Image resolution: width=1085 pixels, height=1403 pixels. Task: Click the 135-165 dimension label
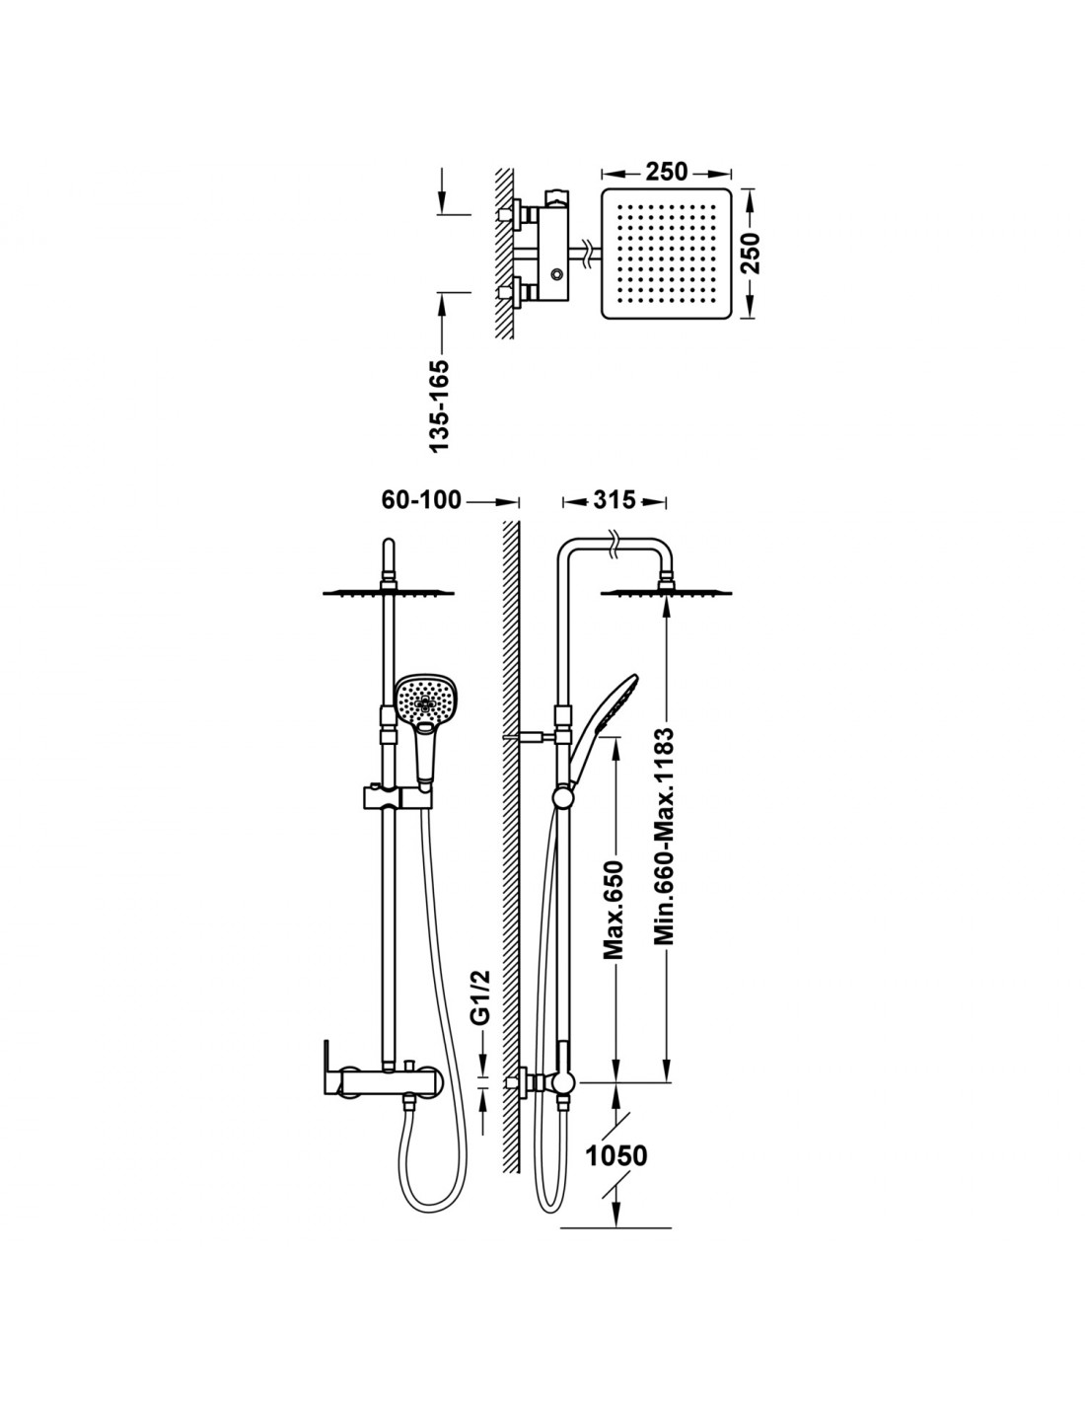440,406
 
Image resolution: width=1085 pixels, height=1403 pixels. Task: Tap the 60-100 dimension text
421,500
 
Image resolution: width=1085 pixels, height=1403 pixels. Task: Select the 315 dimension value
615,500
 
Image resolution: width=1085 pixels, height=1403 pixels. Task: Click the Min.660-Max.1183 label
664,836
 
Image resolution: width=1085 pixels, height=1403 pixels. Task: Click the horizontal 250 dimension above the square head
667,172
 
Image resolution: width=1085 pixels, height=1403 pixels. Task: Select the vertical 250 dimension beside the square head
751,253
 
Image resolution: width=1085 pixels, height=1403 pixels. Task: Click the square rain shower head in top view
666,254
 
